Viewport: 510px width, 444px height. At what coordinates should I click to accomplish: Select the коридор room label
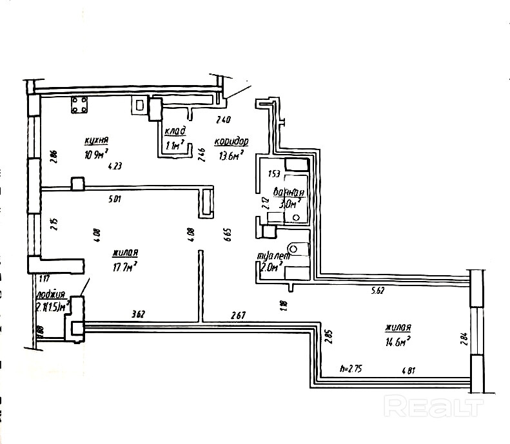click(231, 142)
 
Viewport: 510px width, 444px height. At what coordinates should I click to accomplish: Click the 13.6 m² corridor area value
click(230, 155)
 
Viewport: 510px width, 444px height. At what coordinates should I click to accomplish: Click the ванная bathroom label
click(288, 192)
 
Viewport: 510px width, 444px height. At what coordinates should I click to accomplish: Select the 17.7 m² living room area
click(125, 265)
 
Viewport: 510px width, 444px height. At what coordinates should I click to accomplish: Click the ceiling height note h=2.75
click(352, 371)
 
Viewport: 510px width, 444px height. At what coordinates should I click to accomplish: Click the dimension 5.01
click(116, 198)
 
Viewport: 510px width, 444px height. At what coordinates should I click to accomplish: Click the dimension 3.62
click(138, 315)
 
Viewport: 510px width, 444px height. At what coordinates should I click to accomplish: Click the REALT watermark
click(433, 406)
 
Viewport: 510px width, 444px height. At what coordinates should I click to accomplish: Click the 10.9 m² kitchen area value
click(96, 154)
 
